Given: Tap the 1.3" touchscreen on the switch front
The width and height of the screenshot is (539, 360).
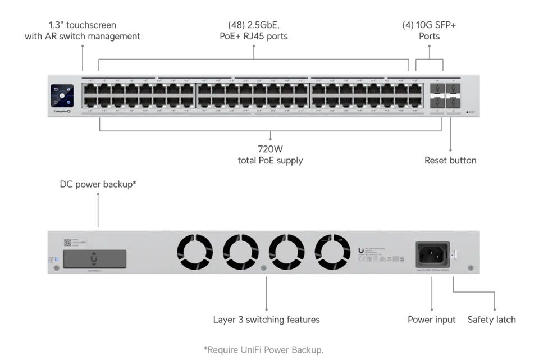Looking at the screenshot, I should (62, 95).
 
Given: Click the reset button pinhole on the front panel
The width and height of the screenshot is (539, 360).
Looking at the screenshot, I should (467, 112).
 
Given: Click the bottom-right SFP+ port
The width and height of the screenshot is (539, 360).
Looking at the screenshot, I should (453, 102).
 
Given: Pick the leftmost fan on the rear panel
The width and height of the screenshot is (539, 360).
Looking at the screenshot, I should (195, 252).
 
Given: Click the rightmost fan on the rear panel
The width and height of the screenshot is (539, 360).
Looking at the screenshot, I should (332, 252).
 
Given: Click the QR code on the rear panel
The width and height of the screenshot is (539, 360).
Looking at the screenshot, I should (67, 243).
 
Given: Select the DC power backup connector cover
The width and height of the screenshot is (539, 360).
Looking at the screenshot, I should (94, 259).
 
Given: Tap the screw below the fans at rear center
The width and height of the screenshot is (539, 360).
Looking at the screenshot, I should (264, 268).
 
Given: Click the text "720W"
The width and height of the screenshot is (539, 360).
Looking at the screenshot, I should (270, 149).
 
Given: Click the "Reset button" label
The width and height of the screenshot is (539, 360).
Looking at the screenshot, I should (450, 161).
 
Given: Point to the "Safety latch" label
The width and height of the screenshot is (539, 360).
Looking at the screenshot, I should (491, 320).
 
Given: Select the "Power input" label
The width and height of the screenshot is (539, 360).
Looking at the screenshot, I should (432, 320).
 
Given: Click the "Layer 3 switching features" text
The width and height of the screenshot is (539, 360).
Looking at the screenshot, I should (266, 320).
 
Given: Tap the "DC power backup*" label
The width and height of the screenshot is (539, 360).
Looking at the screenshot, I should (98, 184).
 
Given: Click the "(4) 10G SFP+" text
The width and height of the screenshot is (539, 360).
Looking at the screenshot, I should (429, 25).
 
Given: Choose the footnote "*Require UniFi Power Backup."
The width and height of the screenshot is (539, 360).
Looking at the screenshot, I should (263, 350).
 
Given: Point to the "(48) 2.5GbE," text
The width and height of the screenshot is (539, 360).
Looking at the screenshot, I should (253, 25).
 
